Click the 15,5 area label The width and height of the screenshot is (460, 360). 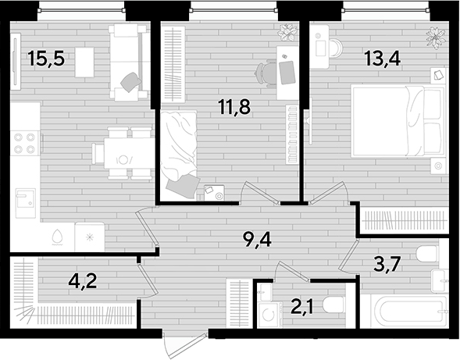tap(46, 59)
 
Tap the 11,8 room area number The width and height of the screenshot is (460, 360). tap(234, 106)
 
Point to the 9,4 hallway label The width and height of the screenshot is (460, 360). tap(257, 240)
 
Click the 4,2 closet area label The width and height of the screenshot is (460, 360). tap(83, 281)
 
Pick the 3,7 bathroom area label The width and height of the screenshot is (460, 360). tap(387, 264)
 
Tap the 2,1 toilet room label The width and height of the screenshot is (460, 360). tap(302, 307)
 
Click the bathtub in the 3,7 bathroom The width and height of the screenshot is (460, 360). tap(408, 312)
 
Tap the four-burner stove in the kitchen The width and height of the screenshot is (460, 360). tap(26, 144)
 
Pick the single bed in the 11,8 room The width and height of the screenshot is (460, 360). tap(178, 154)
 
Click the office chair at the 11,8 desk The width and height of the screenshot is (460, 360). tap(266, 73)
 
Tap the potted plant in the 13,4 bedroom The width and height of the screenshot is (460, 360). tap(437, 37)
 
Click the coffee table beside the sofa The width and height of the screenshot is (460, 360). tap(84, 62)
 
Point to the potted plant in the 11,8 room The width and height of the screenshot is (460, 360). tap(287, 32)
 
